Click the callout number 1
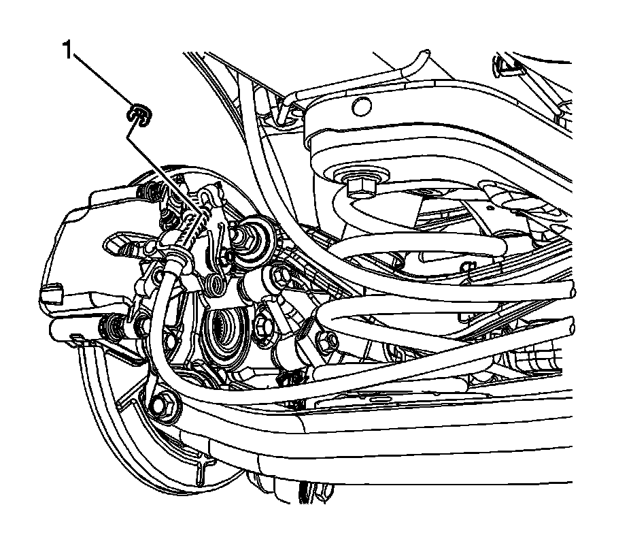point(68,50)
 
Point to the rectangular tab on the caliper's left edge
point(49,294)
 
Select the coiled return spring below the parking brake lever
point(216,282)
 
